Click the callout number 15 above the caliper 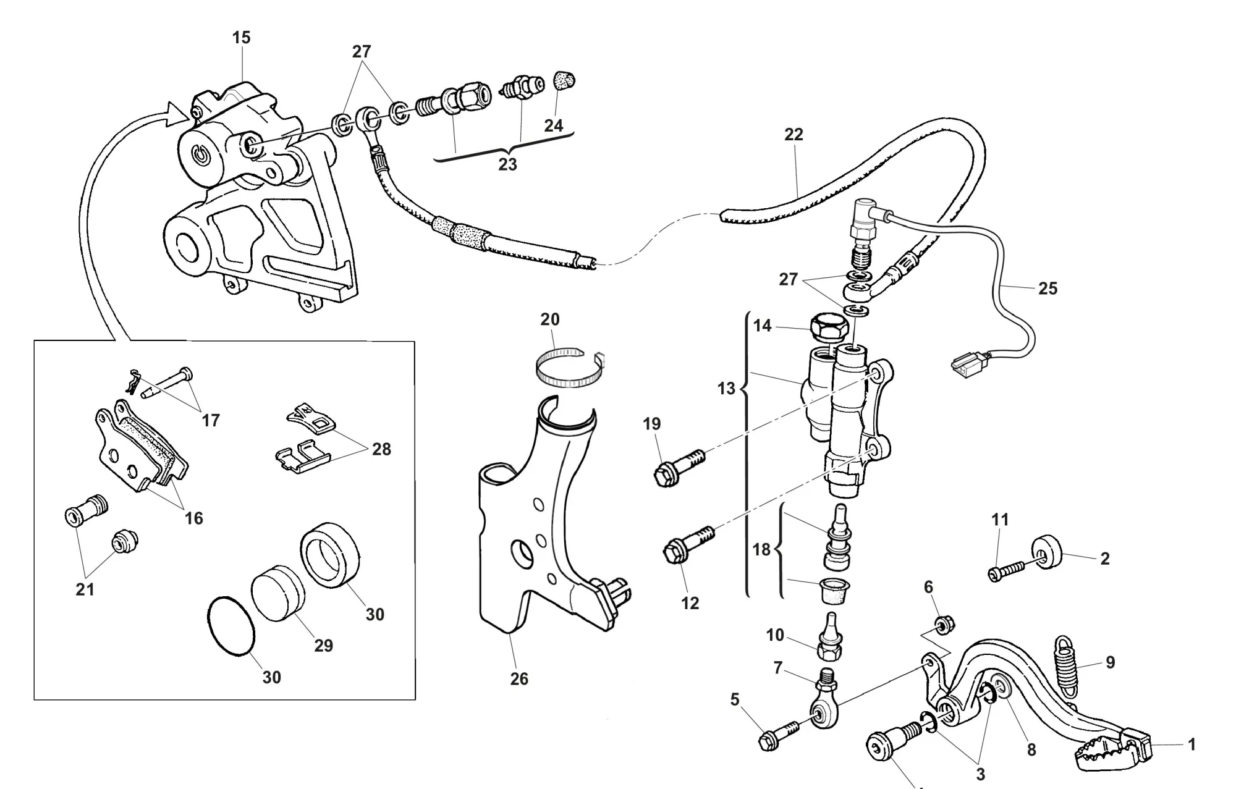coord(242,38)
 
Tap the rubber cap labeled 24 coord(562,80)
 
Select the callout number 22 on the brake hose coord(794,134)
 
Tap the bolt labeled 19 coord(677,466)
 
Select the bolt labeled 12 coord(686,544)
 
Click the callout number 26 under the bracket coord(519,678)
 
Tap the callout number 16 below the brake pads coord(194,518)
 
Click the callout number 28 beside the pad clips coord(381,449)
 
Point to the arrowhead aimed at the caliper coord(180,114)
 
